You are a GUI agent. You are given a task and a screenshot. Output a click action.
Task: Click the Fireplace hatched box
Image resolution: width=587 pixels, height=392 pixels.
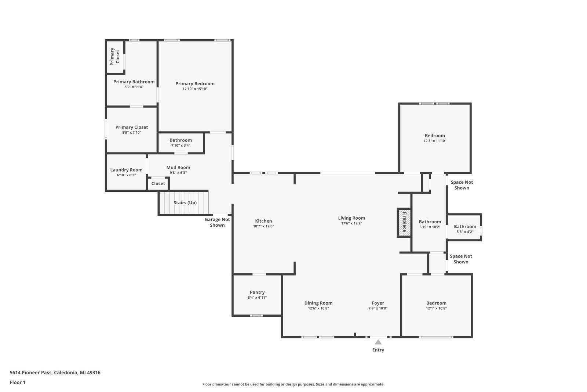(404, 223)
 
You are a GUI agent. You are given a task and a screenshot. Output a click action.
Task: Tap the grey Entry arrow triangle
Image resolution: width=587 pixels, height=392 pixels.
(378, 342)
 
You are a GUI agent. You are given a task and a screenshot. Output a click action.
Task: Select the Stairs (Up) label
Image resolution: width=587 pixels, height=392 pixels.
(185, 202)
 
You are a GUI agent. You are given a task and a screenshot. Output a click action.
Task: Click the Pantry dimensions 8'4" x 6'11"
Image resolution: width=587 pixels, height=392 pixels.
(257, 298)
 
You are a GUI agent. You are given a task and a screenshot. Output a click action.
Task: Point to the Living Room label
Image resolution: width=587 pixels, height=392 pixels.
(351, 218)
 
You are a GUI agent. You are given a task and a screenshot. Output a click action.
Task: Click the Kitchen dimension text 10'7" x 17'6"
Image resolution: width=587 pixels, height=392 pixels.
(263, 226)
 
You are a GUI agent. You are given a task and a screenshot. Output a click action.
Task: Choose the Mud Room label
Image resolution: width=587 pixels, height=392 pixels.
(178, 168)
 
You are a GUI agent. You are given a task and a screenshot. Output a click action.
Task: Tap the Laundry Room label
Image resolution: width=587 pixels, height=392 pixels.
(126, 170)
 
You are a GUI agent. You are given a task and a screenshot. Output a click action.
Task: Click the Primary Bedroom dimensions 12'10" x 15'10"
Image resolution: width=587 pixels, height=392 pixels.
(195, 89)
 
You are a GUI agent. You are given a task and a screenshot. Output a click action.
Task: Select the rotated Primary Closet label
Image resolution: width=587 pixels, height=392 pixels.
(115, 57)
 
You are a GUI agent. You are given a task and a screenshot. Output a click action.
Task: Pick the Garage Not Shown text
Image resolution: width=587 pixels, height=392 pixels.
(217, 222)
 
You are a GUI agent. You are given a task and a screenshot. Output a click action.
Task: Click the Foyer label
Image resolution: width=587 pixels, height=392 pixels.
(378, 303)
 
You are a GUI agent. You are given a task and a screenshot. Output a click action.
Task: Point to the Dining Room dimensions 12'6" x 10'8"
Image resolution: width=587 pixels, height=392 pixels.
(318, 308)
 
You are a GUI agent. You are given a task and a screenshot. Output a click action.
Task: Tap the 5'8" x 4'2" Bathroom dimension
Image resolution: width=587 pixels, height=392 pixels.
(465, 232)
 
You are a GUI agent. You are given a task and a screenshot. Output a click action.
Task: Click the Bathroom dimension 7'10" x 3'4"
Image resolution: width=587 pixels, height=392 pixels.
(181, 145)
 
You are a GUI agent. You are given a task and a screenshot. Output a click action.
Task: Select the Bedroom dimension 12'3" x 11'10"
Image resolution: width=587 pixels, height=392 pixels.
(435, 141)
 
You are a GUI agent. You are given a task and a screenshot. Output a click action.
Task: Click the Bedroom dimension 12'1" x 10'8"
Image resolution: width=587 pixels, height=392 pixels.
(436, 308)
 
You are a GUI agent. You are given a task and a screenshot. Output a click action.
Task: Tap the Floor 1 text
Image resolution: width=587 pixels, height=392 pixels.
(18, 382)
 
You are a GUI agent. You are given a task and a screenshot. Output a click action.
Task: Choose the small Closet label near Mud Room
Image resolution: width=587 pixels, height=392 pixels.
(158, 183)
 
